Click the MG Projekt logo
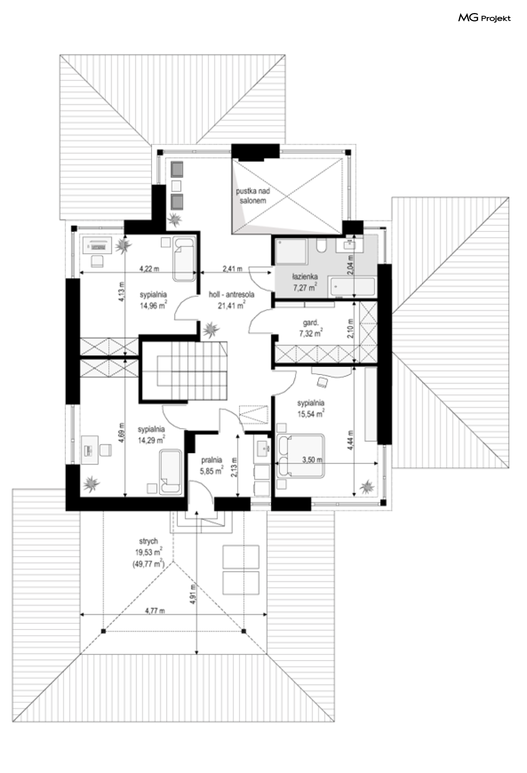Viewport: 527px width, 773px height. pos(484,18)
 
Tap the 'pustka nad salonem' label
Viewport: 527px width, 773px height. pos(252,196)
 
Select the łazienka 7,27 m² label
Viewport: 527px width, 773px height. pos(305,282)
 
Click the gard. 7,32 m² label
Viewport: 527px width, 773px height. pos(311,328)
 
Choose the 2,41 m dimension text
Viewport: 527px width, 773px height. pos(232,268)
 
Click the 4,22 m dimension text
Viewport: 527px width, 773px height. pos(149,268)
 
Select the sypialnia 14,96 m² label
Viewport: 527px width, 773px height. pos(153,300)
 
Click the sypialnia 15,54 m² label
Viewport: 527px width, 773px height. pos(311,408)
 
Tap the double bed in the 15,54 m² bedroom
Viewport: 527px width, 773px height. pos(301,456)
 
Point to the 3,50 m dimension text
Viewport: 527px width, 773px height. pos(312,459)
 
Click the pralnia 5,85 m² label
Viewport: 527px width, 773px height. pos(212,465)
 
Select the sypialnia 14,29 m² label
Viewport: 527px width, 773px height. pos(151,435)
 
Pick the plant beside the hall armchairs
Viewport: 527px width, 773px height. pos(174,219)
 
